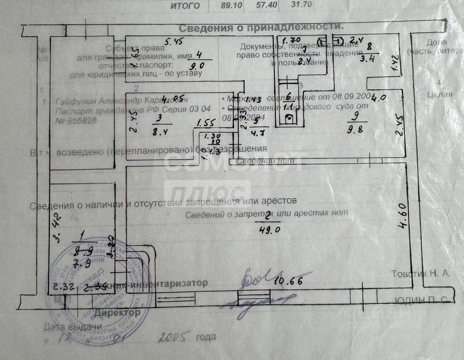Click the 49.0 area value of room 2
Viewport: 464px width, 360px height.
click(x=267, y=230)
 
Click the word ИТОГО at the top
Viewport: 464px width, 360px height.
click(x=185, y=5)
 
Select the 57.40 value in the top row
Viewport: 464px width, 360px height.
click(x=264, y=5)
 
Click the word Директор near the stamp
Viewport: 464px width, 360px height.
click(x=117, y=313)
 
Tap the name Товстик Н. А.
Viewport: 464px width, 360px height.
click(x=421, y=273)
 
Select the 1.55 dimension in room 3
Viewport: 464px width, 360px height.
click(x=207, y=123)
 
